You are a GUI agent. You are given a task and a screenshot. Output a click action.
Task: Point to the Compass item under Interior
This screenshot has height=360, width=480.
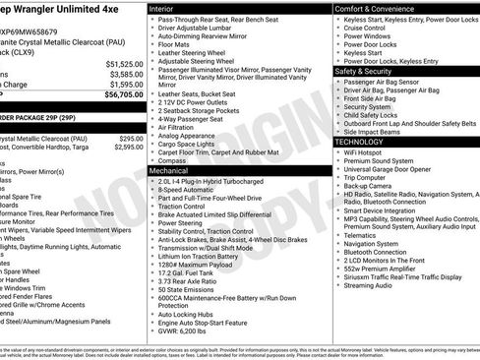coord(172,160)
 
